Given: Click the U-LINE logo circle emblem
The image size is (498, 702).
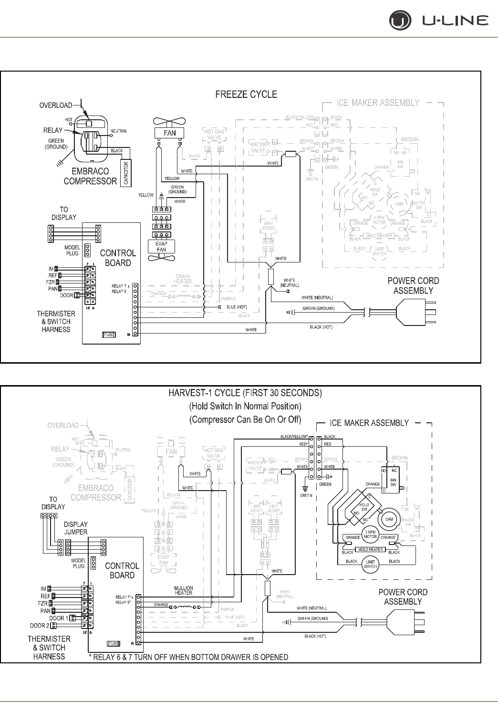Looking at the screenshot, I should point(399,21).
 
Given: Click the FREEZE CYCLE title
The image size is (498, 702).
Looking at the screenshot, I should point(246,94).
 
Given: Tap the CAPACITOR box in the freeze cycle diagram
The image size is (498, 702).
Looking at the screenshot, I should point(126,173).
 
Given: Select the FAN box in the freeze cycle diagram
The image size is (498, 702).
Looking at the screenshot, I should point(170,133).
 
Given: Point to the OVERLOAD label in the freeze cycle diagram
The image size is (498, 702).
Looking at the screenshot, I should point(56,105).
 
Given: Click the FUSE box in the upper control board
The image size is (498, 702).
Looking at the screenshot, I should point(109,335).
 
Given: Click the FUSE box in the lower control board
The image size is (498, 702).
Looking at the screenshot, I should point(114,643).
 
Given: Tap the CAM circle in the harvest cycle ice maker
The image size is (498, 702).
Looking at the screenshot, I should point(389,519).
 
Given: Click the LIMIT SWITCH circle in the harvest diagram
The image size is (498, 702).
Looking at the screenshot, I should point(371,564).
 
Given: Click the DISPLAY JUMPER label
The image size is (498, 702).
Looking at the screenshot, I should point(76,528).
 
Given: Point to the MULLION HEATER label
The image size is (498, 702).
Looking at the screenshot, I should point(184,590).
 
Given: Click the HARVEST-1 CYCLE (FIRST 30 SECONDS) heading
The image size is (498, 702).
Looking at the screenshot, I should point(245,393).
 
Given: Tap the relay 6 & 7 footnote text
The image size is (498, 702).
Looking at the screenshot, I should point(188,657).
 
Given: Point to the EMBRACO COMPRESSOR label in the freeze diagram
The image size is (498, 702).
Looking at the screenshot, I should point(90,176).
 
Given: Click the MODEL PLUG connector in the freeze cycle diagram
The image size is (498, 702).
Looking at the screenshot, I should point(87,250).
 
